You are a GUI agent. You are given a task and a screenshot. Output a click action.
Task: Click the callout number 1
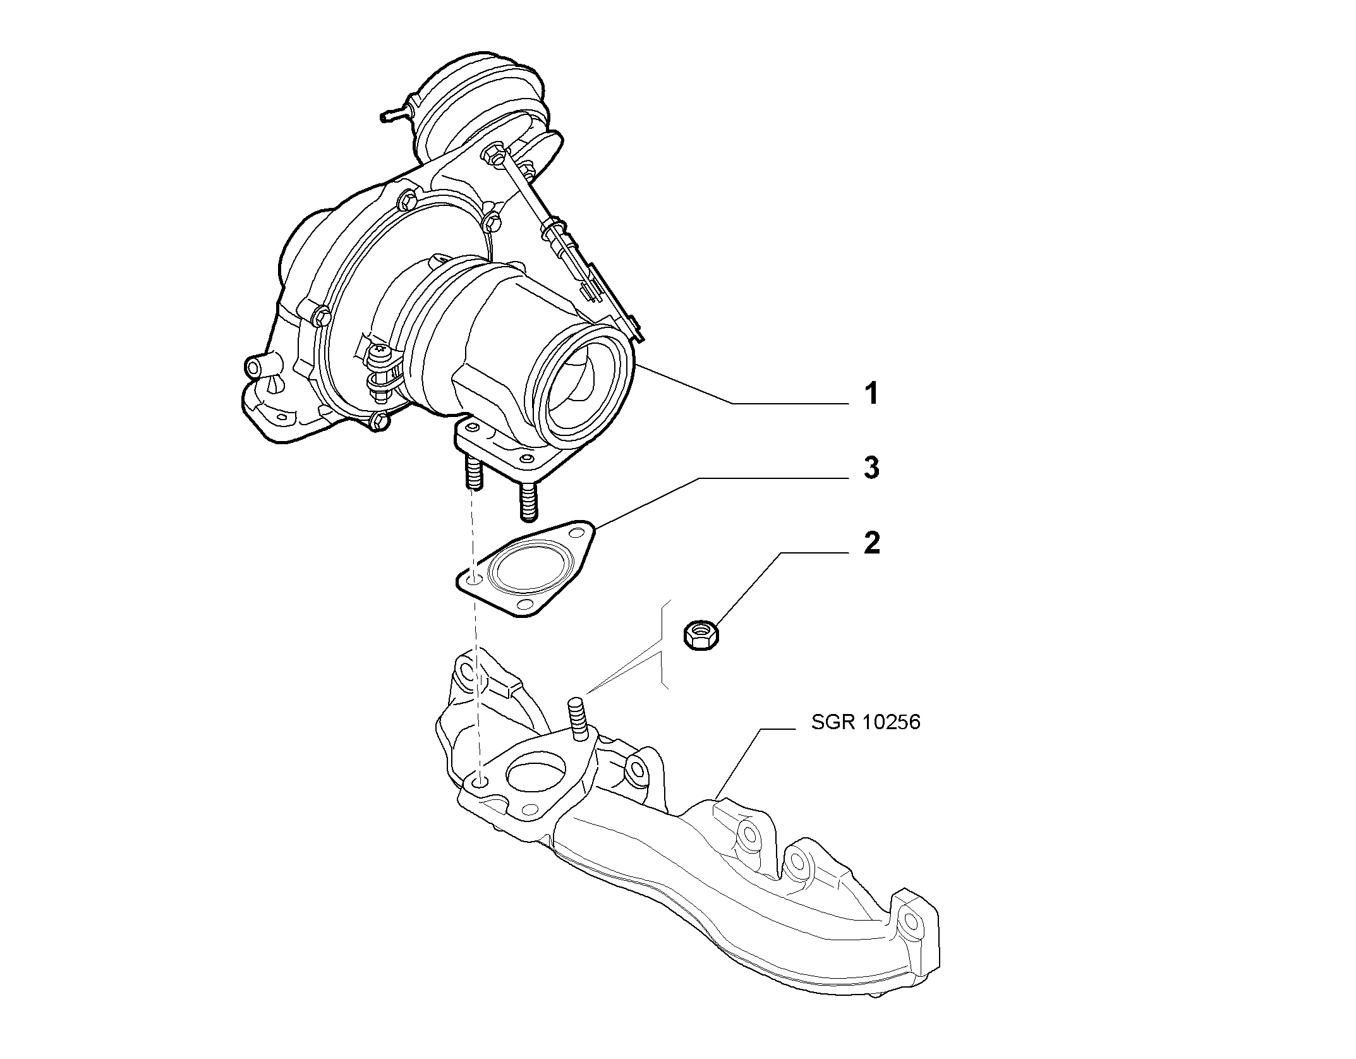point(871,394)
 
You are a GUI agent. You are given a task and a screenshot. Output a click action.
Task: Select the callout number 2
point(871,543)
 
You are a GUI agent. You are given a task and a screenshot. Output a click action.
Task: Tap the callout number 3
point(871,468)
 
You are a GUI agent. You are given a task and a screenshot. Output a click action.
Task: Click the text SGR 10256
point(866,722)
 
